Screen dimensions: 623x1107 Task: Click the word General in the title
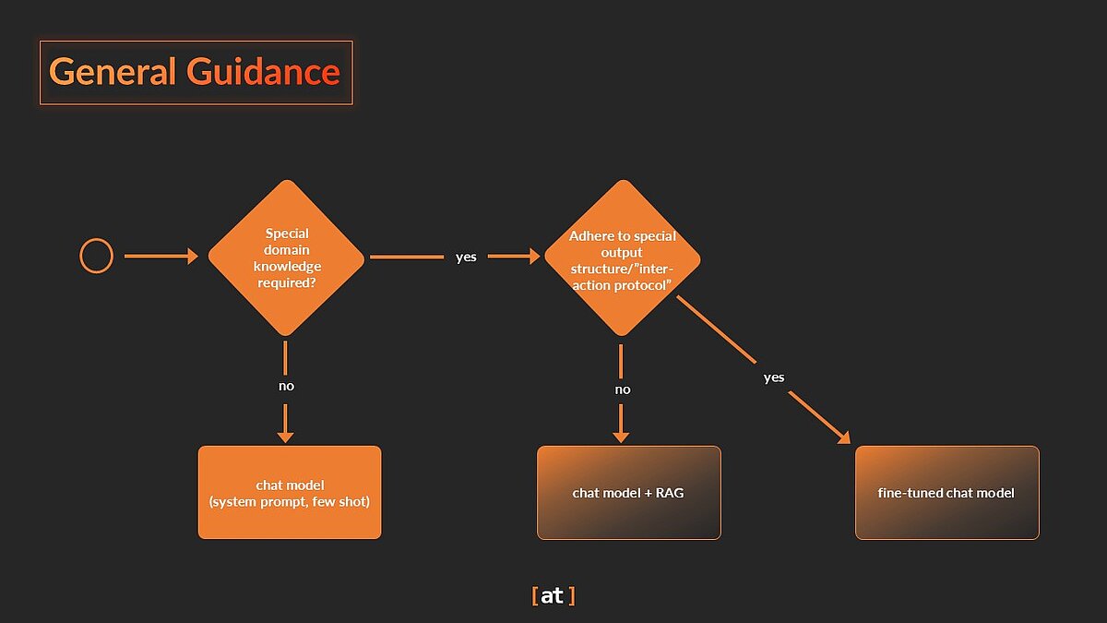pyautogui.click(x=113, y=72)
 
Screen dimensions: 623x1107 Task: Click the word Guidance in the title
pyautogui.click(x=263, y=72)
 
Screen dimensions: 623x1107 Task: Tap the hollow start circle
pyautogui.click(x=97, y=256)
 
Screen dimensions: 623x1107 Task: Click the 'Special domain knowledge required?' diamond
pyautogui.click(x=286, y=257)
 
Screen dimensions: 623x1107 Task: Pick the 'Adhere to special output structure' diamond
pyautogui.click(x=622, y=257)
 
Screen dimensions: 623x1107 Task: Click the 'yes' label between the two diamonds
pyautogui.click(x=466, y=257)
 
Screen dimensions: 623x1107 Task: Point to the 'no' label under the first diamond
pyautogui.click(x=286, y=386)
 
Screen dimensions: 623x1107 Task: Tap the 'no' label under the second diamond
pyautogui.click(x=623, y=389)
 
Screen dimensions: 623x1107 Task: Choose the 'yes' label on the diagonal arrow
pyautogui.click(x=774, y=377)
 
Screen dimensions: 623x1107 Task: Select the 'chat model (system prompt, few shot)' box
pyautogui.click(x=290, y=492)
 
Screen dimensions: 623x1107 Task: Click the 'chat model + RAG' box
pyautogui.click(x=628, y=493)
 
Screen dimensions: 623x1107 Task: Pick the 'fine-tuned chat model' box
pyautogui.click(x=946, y=493)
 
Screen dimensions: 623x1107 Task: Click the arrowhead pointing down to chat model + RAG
pyautogui.click(x=622, y=435)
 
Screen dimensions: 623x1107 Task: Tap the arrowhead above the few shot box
pyautogui.click(x=286, y=435)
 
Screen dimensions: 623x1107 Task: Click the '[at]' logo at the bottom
pyautogui.click(x=553, y=596)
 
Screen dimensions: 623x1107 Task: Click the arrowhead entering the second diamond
pyautogui.click(x=534, y=257)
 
